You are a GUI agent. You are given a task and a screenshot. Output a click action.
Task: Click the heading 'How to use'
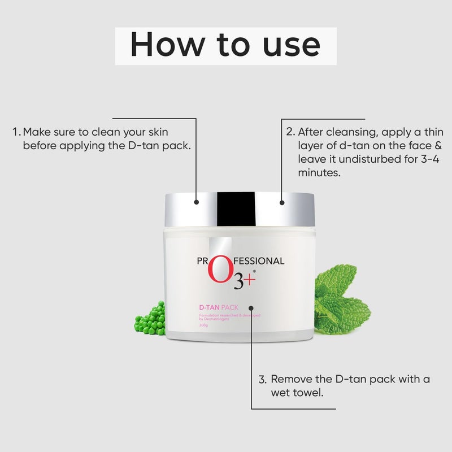[225, 45]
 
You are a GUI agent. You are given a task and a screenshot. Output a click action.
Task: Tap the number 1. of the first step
[17, 132]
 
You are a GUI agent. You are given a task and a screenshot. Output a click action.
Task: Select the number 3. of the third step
[262, 379]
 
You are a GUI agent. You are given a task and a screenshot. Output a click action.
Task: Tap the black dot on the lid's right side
[281, 201]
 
